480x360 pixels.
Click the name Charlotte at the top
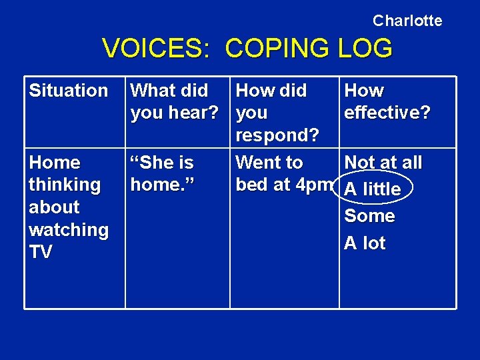(407, 21)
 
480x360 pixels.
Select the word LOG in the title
(365, 49)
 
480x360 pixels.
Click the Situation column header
(68, 90)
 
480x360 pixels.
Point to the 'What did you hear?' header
(174, 101)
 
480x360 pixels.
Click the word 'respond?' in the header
(277, 135)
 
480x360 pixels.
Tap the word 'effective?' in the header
(387, 113)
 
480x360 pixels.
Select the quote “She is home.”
(162, 173)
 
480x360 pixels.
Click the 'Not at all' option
(383, 163)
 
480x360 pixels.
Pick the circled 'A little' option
(373, 189)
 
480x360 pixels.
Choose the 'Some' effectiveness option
(369, 216)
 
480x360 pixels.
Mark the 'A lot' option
(365, 243)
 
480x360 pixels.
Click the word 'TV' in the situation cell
(40, 252)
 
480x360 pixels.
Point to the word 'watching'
(68, 229)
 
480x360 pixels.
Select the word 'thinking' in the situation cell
(64, 185)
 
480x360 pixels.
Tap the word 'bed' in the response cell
(252, 185)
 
